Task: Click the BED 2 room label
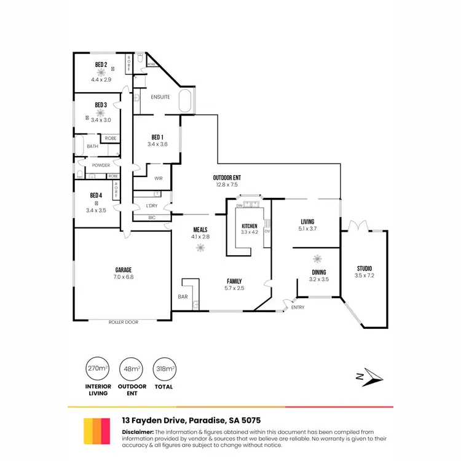(101, 65)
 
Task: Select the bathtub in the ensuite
(185, 101)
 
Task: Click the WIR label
(158, 179)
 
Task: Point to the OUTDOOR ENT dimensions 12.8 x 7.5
(227, 184)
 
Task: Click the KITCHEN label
(249, 226)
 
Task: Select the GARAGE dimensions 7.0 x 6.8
(124, 277)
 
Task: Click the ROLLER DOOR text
(124, 321)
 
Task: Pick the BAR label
(183, 297)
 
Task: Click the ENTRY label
(298, 307)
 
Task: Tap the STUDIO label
(364, 268)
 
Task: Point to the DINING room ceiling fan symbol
(318, 259)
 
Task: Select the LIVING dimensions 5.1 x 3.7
(307, 230)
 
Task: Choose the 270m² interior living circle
(98, 368)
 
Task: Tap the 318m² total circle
(164, 368)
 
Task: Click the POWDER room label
(101, 165)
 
